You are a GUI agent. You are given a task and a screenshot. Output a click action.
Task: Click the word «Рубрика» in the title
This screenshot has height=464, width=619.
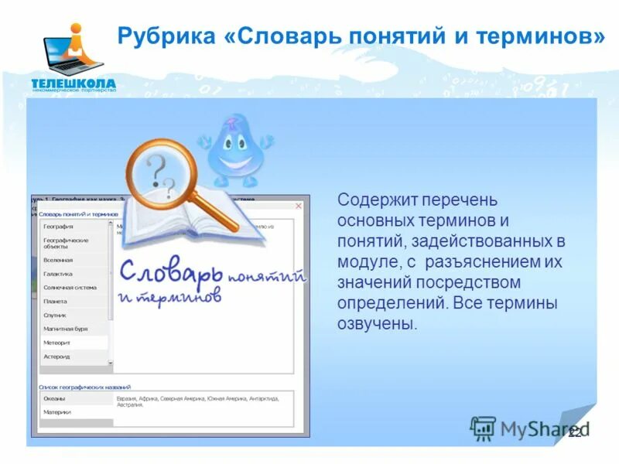[x=159, y=36]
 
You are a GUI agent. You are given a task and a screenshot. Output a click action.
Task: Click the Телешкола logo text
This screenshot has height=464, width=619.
[x=74, y=83]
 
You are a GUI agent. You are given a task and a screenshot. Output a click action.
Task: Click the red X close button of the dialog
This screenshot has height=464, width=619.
[x=299, y=206]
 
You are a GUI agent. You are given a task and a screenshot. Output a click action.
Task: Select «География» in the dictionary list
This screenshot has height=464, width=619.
[x=59, y=227]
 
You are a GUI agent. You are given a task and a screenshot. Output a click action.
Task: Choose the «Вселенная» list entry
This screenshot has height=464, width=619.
[x=58, y=261]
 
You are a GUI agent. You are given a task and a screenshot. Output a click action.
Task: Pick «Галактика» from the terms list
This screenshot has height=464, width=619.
[x=58, y=274]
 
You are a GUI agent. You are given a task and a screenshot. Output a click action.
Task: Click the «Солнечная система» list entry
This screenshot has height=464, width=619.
[x=70, y=288]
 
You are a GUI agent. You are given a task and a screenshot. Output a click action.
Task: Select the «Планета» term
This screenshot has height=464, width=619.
[x=55, y=302]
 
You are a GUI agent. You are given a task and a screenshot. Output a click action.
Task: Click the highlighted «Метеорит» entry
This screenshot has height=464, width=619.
[x=56, y=343]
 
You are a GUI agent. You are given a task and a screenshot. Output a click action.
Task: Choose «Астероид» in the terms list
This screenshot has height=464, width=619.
[x=56, y=357]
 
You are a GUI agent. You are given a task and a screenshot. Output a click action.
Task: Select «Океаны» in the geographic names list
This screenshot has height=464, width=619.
[x=54, y=398]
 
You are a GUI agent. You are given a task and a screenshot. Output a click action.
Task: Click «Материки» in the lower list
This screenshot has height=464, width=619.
[x=56, y=412]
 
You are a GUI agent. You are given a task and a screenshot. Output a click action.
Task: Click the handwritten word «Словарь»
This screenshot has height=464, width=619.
[x=171, y=272]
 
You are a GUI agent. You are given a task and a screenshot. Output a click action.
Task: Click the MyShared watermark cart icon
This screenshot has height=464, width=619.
[x=483, y=428]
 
